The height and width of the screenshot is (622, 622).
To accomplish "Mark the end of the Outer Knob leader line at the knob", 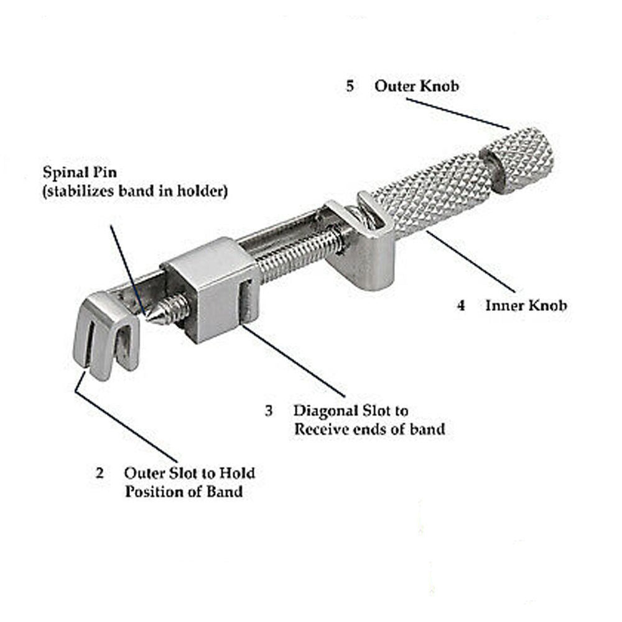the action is point(509,129).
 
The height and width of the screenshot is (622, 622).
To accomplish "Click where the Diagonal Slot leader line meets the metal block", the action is point(243,325).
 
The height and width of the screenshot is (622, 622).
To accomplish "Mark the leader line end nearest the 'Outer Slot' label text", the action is point(177,463).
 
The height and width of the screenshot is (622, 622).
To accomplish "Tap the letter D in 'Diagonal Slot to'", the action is point(299,411).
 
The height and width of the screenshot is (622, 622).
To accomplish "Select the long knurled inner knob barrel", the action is point(433,193).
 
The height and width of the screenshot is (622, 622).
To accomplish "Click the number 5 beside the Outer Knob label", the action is point(350,86).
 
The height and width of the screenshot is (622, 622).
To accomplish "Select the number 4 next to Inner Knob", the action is point(460,305).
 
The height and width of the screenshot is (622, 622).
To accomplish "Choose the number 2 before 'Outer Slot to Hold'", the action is point(99,473).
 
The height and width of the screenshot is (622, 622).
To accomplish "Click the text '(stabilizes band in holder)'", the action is point(135,191).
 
